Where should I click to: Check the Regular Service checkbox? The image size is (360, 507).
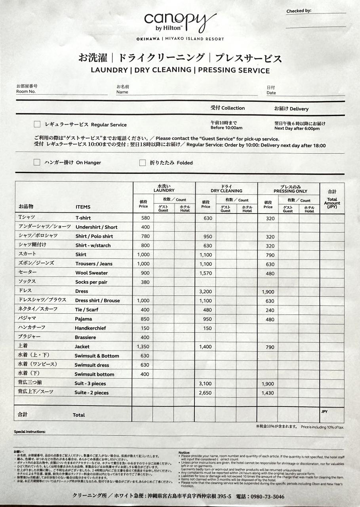coord(37,124)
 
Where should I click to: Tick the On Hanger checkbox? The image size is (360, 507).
coord(37,162)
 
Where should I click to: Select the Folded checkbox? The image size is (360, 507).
coord(143,162)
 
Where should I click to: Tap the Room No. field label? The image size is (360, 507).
coord(26,91)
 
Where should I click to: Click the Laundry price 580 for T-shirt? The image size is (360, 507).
coord(145,218)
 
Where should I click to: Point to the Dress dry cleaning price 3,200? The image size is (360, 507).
coord(205,291)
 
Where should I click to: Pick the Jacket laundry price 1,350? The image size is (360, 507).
coord(143,347)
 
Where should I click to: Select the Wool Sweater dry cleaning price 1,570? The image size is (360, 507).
coord(205,273)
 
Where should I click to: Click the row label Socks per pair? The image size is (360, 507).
coord(91,282)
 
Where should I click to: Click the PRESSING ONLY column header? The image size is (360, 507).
coord(290,191)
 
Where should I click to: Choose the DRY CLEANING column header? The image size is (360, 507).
coord(226,191)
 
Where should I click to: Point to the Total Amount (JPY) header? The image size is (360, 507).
coord(332,203)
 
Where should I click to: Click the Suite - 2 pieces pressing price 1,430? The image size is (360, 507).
coord(268,393)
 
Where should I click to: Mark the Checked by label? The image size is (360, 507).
coord(299,11)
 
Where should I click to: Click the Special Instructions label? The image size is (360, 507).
coord(30,432)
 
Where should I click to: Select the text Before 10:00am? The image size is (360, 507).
coord(226,128)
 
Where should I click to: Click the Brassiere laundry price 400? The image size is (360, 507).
coord(145,337)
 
